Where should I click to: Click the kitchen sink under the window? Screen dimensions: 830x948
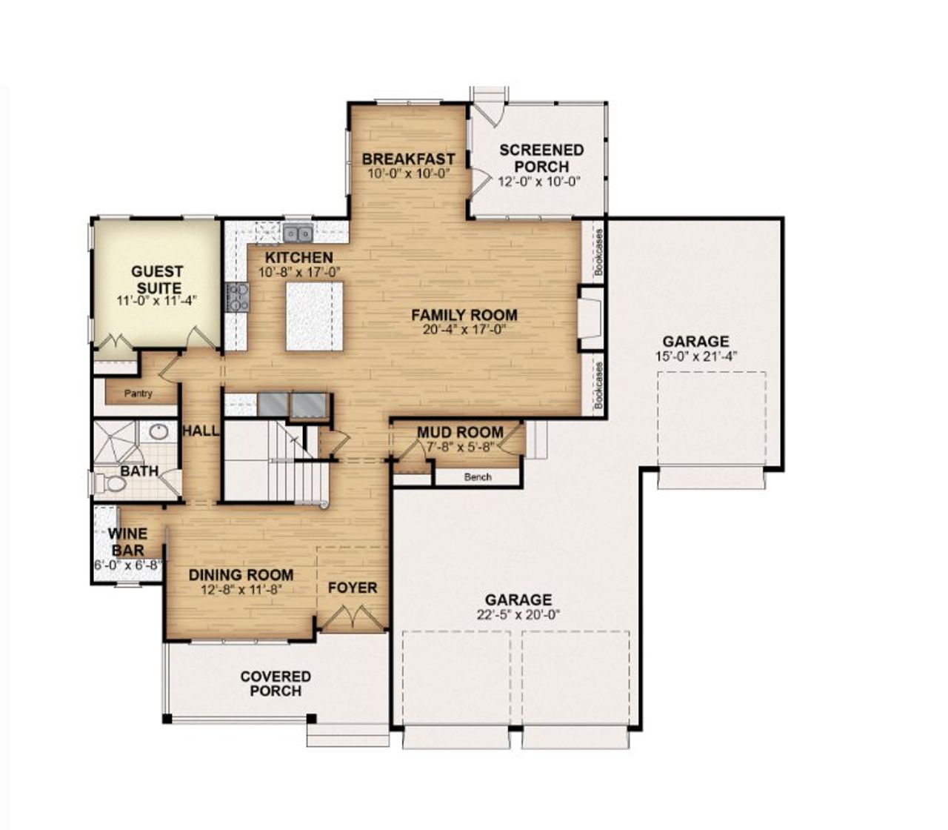point(298,234)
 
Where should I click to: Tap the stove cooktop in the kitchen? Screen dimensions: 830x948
point(238,296)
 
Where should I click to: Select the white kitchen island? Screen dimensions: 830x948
point(315,316)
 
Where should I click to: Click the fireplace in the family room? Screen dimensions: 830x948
point(591,319)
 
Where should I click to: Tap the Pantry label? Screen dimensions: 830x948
point(138,394)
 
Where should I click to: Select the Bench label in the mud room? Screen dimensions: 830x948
point(478,477)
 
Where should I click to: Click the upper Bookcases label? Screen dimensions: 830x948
point(598,251)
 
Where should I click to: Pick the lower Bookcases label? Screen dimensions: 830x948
point(598,385)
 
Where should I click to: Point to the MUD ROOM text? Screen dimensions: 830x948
point(460,433)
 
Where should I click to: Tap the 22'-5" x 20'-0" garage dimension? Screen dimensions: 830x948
point(518,614)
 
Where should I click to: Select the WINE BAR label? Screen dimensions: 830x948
point(127,542)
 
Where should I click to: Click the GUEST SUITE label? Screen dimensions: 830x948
point(157,279)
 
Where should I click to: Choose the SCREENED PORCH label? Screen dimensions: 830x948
point(541,158)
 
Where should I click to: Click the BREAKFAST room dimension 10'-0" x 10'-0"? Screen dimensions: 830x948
point(408,173)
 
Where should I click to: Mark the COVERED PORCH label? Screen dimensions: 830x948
point(276,683)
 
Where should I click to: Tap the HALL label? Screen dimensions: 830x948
point(201,431)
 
